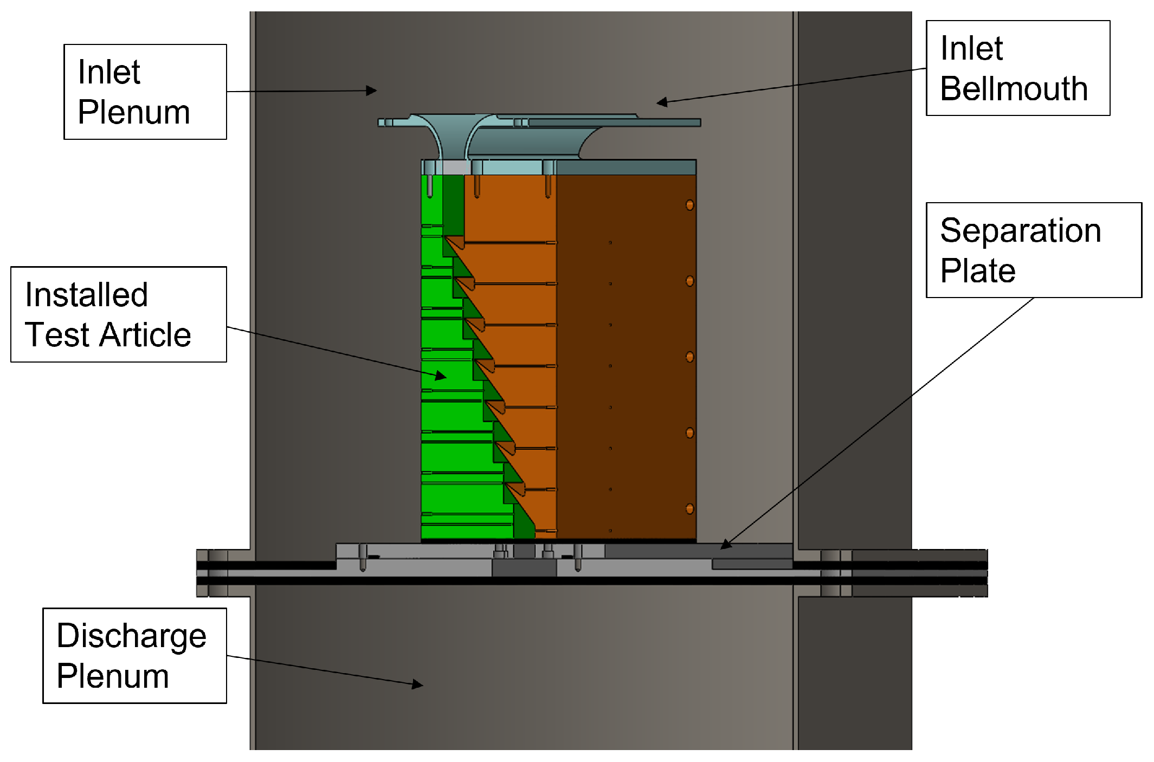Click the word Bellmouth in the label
click(x=1014, y=89)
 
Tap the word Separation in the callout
click(x=1020, y=231)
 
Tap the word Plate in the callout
click(x=977, y=270)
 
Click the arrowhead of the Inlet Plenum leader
click(x=372, y=91)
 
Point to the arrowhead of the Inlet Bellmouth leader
click(x=661, y=102)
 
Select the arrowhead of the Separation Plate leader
click(x=725, y=545)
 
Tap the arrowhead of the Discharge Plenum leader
click(x=418, y=685)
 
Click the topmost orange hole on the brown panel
click(x=689, y=205)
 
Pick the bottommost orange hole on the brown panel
click(x=689, y=509)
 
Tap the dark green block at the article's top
click(x=453, y=203)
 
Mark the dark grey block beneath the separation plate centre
click(x=524, y=568)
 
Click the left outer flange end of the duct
click(x=202, y=573)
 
